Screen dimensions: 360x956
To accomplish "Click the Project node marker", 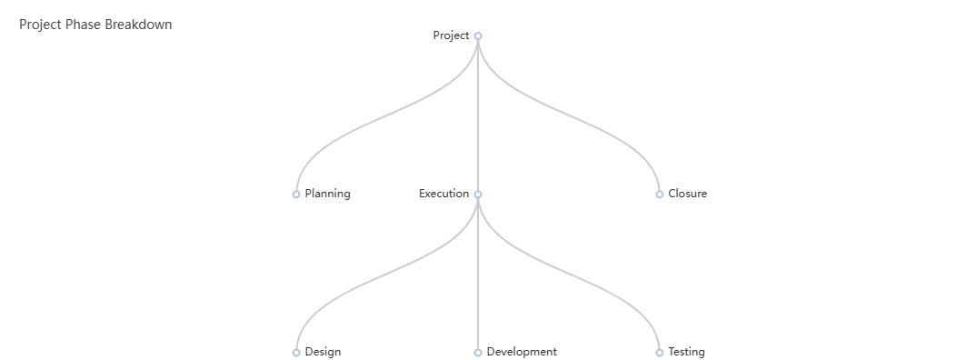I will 478,36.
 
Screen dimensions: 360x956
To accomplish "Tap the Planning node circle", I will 296,194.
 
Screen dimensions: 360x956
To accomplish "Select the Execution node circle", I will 478,194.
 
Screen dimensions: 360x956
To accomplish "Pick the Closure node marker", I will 660,194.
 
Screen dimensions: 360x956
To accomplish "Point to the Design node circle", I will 296,352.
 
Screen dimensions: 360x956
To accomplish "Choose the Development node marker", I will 478,352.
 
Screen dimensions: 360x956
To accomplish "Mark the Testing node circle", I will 660,352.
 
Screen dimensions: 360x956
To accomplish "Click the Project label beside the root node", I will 451,35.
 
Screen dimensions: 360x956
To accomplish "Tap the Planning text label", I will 327,194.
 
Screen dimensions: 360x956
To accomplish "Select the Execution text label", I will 443,194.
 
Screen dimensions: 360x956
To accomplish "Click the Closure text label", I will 688,194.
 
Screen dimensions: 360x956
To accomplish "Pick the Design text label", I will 323,352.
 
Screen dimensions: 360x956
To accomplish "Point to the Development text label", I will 522,352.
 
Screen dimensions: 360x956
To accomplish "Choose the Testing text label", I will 686,352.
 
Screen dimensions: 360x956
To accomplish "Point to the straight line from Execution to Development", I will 478,273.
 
